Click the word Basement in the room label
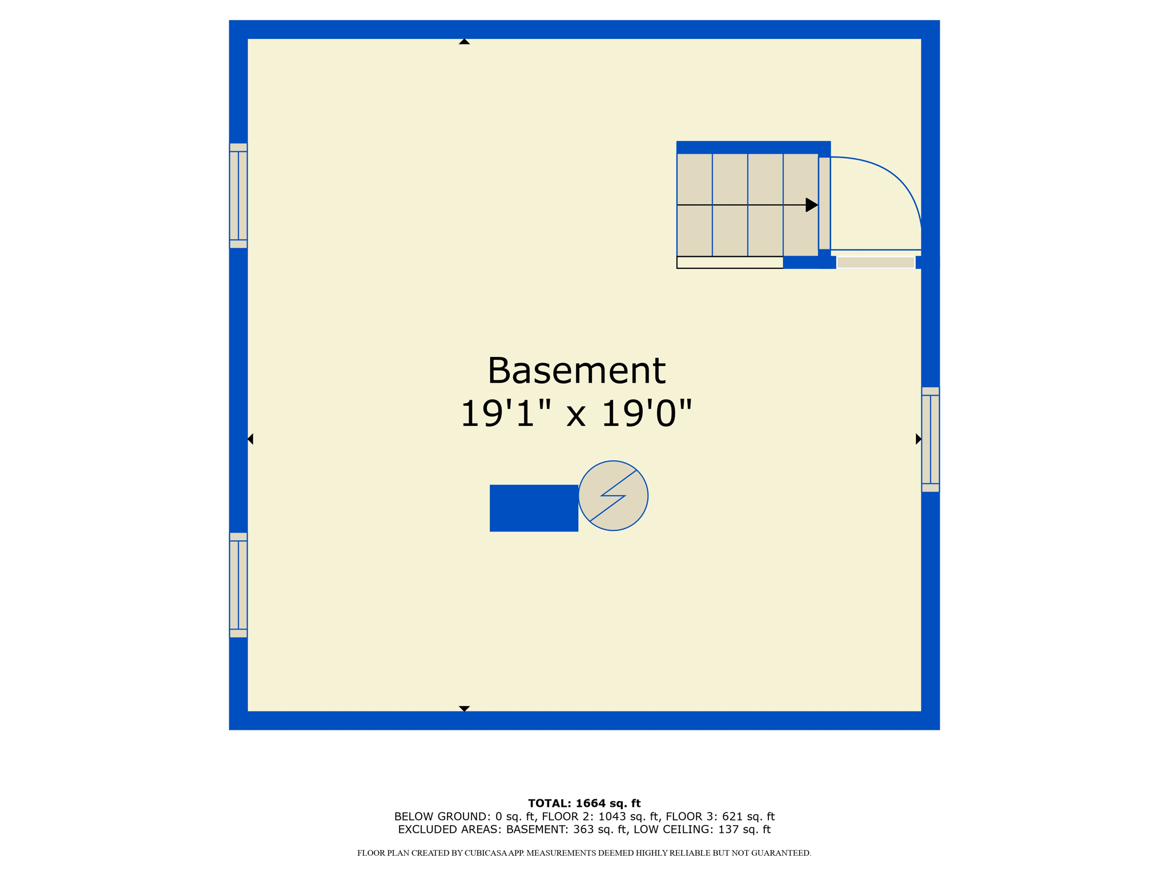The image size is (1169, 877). [576, 371]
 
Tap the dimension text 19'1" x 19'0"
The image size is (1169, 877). [576, 413]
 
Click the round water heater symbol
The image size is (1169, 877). [613, 496]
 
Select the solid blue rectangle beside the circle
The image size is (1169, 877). [534, 508]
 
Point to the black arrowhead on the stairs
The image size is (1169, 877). [811, 204]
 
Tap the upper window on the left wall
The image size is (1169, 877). [238, 196]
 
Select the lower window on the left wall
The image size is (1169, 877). [238, 585]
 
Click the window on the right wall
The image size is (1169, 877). [930, 440]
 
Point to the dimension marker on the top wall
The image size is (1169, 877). [464, 42]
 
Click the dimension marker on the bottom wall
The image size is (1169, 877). [464, 709]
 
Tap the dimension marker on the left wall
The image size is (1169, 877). [250, 438]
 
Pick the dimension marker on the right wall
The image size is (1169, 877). [918, 438]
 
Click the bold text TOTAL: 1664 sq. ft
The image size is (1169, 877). [584, 803]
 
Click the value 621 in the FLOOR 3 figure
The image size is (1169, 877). [732, 816]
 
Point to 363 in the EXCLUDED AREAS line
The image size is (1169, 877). [583, 830]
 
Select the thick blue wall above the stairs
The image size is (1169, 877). [753, 147]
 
